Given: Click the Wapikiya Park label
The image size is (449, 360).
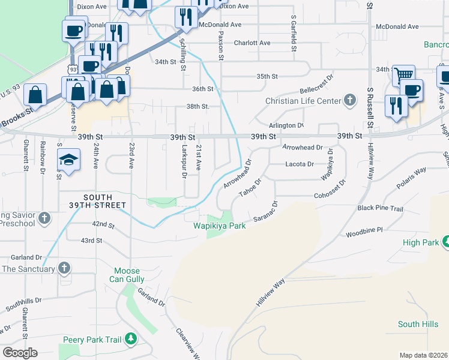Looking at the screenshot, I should [220, 226].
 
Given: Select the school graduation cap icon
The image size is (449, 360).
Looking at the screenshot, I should [68, 160].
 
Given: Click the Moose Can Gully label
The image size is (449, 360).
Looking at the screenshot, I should [126, 275].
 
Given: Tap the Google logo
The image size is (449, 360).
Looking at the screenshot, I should [20, 353].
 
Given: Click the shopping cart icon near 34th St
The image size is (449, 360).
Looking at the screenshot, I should [404, 75].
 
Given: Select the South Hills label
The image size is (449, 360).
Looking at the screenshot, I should [418, 324].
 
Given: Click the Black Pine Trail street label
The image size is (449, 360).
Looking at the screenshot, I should [380, 208].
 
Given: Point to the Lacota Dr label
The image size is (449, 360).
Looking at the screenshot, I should [300, 164].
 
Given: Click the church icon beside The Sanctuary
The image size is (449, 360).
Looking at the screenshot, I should [64, 268].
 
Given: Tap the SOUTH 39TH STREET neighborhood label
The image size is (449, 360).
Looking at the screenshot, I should [105, 201].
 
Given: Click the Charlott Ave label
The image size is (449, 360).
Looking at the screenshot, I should [252, 43].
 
